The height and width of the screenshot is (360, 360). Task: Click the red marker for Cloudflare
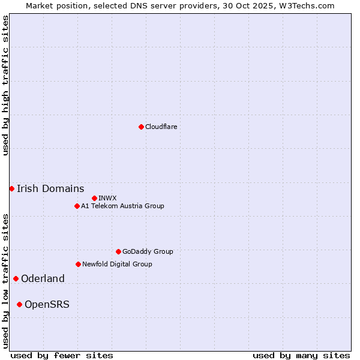point(141,127)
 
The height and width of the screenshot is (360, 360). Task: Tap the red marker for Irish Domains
point(11,188)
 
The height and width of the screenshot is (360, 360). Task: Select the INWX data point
point(94,198)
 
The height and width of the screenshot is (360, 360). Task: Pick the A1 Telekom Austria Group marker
point(77,206)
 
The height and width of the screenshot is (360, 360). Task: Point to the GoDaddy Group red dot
point(118,251)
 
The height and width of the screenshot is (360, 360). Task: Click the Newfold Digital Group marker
point(78,264)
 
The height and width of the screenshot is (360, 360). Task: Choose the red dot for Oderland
point(16,278)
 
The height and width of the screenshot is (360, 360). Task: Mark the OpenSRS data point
point(19,304)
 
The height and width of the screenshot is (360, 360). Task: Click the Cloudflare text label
point(161,127)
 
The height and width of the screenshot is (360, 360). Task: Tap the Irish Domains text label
point(50,188)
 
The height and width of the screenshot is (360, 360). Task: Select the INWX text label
point(107,198)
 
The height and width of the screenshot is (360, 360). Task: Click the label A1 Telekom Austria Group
point(122,206)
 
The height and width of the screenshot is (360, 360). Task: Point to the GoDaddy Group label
point(148,251)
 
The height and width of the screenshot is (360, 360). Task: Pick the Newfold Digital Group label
point(117,264)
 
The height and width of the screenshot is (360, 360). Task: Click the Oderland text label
point(43,278)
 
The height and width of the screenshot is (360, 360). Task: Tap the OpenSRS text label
point(47,304)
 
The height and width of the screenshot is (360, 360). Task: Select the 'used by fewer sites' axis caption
point(62,355)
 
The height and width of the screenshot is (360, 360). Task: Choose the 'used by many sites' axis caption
point(301,355)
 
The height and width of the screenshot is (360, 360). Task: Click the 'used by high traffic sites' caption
point(5,85)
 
